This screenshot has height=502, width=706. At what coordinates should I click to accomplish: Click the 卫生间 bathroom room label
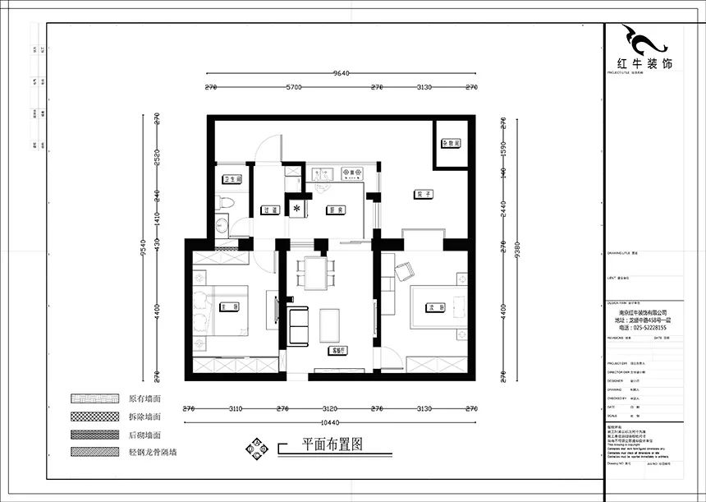[x=232, y=178]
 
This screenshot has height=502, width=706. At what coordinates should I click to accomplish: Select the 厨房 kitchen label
[x=333, y=209]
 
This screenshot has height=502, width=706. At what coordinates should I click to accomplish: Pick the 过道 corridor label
[x=268, y=210]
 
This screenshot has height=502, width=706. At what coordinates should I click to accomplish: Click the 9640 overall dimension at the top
[x=342, y=73]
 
